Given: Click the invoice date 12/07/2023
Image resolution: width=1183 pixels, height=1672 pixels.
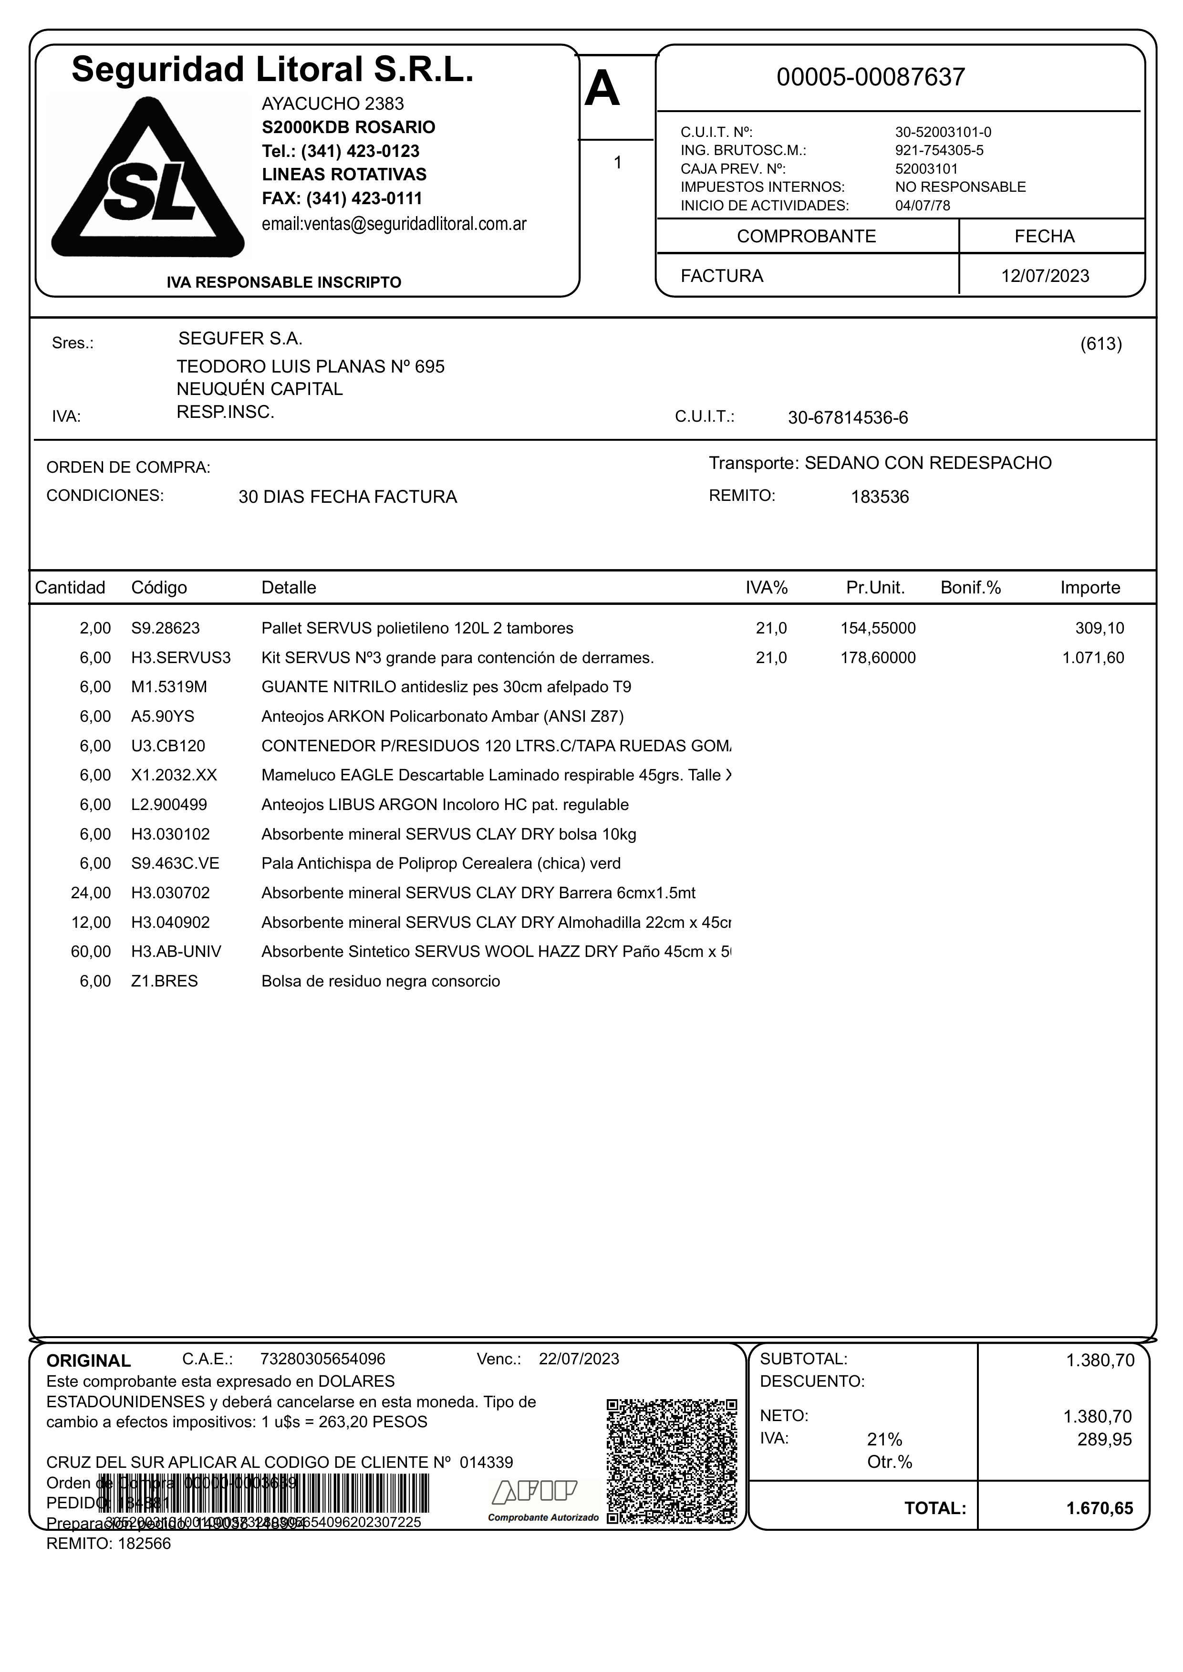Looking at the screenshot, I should (1045, 276).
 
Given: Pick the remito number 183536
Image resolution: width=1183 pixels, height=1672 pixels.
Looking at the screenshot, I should (880, 498).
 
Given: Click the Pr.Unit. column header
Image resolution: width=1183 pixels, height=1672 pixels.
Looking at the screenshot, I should (875, 588).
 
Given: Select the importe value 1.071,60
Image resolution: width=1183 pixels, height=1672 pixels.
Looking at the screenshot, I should (1093, 658).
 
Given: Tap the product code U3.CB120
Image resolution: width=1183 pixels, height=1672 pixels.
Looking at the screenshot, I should (168, 746).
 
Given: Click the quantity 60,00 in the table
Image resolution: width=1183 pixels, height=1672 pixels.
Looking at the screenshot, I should (91, 952).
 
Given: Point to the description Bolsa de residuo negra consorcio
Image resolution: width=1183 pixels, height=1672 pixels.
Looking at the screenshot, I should (381, 981).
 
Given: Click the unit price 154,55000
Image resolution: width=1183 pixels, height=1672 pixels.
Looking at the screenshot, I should (878, 628).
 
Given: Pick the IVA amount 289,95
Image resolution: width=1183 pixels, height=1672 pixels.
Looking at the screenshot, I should (1104, 1440).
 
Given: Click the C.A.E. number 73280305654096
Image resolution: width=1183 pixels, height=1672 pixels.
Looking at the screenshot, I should (323, 1359).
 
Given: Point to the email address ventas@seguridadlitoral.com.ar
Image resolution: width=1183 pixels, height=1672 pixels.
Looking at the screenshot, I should (394, 224).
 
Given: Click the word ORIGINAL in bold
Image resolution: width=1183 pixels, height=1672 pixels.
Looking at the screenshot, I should (89, 1361).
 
